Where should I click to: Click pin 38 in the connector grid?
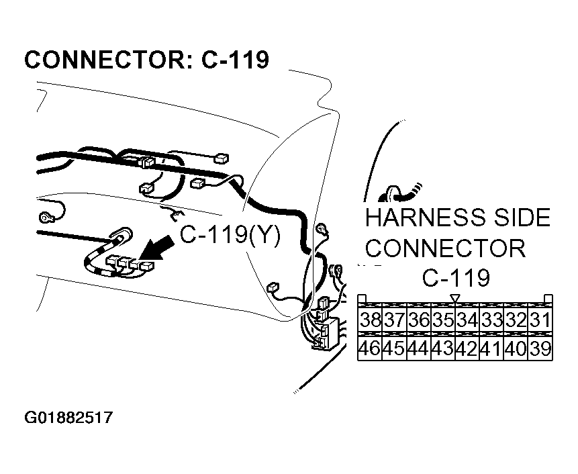pyautogui.click(x=370, y=320)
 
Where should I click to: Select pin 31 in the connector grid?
pyautogui.click(x=540, y=320)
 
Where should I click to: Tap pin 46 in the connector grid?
pyautogui.click(x=370, y=348)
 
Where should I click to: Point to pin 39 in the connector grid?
pyautogui.click(x=540, y=348)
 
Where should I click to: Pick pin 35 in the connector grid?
pyautogui.click(x=442, y=320)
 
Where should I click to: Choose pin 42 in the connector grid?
pyautogui.click(x=467, y=348)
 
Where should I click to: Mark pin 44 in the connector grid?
pyautogui.click(x=418, y=348)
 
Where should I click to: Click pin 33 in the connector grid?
pyautogui.click(x=491, y=320)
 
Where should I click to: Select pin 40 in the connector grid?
pyautogui.click(x=516, y=348)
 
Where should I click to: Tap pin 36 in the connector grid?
pyautogui.click(x=418, y=320)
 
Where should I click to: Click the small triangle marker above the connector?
pyautogui.click(x=454, y=297)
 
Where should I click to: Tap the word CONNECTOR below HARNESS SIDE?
pyautogui.click(x=444, y=248)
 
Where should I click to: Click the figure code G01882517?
pyautogui.click(x=68, y=418)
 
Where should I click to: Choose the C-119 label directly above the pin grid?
pyautogui.click(x=456, y=277)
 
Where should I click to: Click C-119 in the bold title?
pyautogui.click(x=235, y=60)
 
